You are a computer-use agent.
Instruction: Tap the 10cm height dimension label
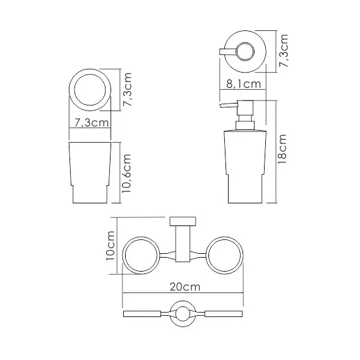point(111,246)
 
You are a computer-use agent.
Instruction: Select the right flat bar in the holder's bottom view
point(224,314)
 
